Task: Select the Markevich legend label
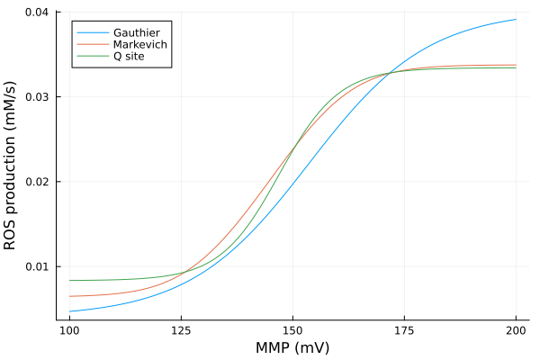(139, 44)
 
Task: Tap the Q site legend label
(129, 57)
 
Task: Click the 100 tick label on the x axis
(69, 330)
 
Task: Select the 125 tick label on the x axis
(181, 330)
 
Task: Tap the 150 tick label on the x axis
(292, 330)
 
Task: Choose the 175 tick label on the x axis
(404, 330)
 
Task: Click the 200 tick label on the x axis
(516, 330)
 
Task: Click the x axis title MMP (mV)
(292, 347)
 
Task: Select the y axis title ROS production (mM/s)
(11, 166)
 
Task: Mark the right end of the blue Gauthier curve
(516, 19)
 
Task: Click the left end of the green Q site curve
(69, 280)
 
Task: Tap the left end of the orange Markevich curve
(69, 296)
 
